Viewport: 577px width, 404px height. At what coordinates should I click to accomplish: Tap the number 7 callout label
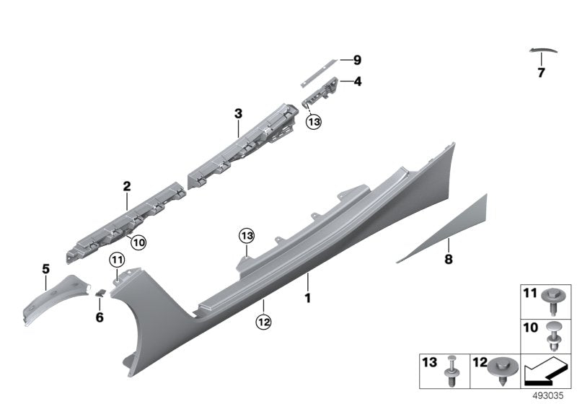point(541,72)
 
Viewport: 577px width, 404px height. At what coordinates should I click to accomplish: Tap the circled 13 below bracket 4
point(312,123)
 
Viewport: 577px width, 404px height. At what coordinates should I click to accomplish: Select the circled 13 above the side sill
point(247,236)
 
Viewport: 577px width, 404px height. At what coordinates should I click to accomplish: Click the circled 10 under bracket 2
point(137,243)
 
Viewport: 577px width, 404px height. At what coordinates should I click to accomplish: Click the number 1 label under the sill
point(307,297)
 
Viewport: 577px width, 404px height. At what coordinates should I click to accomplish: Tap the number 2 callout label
point(126,186)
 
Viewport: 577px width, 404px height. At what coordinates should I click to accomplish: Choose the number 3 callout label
point(238,113)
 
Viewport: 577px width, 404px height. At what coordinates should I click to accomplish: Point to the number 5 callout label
point(45,269)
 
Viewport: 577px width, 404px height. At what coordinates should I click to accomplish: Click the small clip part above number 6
point(102,291)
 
